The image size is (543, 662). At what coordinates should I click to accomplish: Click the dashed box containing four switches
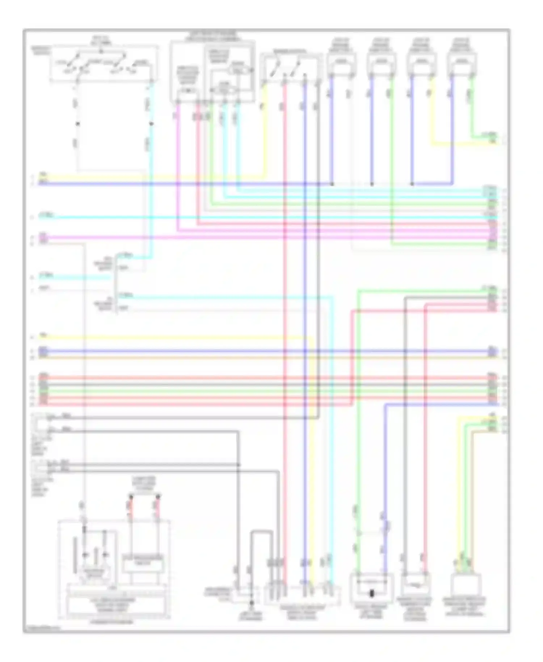point(104,64)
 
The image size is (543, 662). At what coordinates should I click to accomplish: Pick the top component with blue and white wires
point(341,63)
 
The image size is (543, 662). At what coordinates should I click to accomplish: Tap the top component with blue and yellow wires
point(421,63)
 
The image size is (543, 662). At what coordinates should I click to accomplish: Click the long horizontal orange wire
point(253,357)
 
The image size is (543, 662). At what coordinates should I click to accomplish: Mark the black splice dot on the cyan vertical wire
point(151,124)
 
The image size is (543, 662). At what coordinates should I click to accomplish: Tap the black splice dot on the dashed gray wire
point(77,124)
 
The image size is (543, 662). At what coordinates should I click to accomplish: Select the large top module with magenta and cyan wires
point(212,71)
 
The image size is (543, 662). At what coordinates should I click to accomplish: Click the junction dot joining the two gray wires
point(239,465)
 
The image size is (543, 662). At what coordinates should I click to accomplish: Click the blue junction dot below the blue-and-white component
point(332,184)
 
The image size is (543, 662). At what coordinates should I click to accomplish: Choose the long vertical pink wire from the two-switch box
point(285,326)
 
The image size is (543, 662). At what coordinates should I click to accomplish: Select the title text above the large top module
point(212,35)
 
